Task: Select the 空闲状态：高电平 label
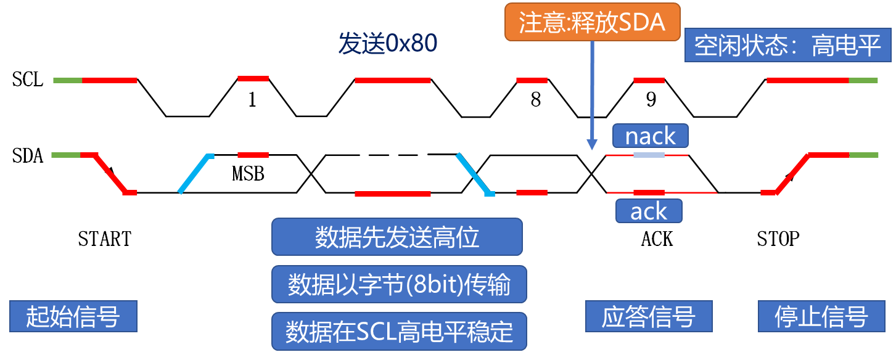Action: point(787,46)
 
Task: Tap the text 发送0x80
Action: point(388,44)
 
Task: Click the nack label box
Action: point(650,136)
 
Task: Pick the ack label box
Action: point(649,211)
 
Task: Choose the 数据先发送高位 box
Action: point(397,237)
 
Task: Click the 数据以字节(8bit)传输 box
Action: point(399,285)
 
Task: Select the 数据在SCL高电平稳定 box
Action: point(399,332)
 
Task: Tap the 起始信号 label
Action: point(73,317)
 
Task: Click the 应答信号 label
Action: point(648,317)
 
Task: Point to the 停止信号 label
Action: point(821,317)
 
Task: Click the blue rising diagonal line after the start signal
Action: point(195,174)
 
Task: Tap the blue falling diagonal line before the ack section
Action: point(474,174)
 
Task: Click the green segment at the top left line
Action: point(67,80)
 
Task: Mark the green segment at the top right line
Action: point(863,80)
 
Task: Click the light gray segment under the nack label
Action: point(649,155)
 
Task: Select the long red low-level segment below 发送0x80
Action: point(392,194)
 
